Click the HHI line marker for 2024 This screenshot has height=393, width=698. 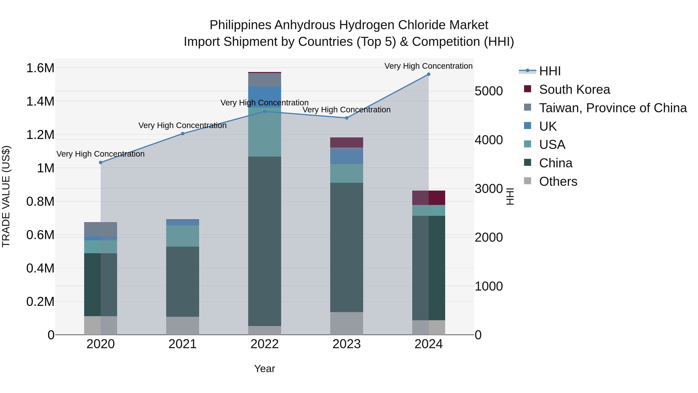tap(428, 74)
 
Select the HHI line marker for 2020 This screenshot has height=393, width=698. tap(100, 162)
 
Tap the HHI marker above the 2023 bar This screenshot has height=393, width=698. tap(346, 118)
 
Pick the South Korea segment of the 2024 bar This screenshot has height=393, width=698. tap(428, 198)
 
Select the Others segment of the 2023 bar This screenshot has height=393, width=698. tap(346, 323)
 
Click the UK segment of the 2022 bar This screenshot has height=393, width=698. tap(264, 97)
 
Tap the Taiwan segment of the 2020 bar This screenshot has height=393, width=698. tap(100, 229)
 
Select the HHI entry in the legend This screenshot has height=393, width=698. tap(549, 71)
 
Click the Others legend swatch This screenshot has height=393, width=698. tap(527, 181)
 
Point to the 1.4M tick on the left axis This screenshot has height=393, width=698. tap(40, 102)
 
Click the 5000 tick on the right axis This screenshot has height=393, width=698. tap(489, 91)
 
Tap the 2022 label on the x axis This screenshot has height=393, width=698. tap(264, 344)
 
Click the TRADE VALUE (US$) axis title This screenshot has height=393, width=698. tap(6, 196)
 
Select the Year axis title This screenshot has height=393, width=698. tap(264, 369)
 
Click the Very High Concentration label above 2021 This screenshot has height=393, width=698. tap(182, 125)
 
